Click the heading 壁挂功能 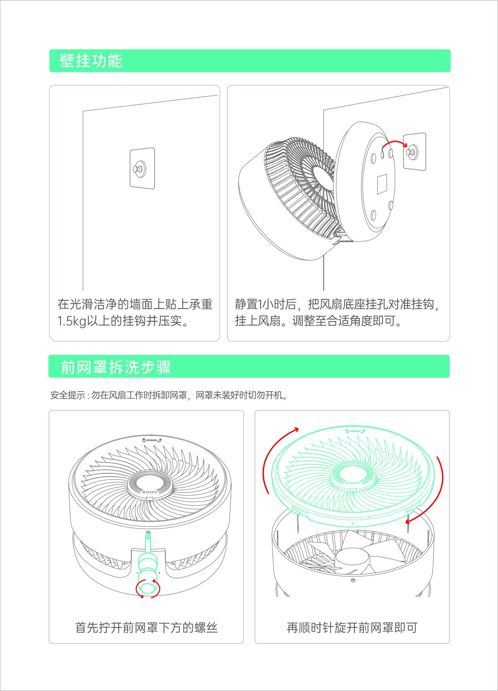[91, 61]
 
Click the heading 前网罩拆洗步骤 [115, 367]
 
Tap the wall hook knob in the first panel [137, 168]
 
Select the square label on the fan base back [382, 184]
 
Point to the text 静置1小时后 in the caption [265, 304]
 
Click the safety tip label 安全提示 [68, 395]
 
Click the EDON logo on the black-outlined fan [150, 492]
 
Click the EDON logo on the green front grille [353, 483]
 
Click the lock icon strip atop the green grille [355, 431]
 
